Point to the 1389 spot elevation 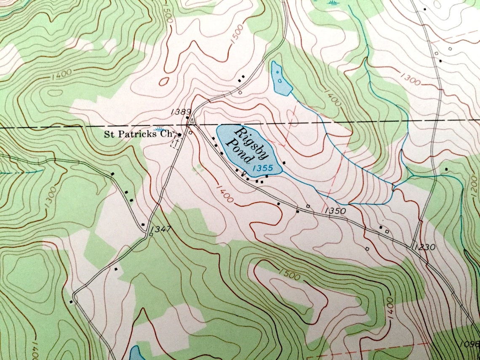pyautogui.click(x=181, y=112)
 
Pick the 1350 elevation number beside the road pyautogui.click(x=335, y=211)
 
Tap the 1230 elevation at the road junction pyautogui.click(x=424, y=247)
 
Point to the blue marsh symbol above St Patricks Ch pyautogui.click(x=159, y=129)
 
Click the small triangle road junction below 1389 pyautogui.click(x=191, y=122)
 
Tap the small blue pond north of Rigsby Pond pyautogui.click(x=281, y=79)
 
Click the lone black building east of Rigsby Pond pyautogui.click(x=284, y=162)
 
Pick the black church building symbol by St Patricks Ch pyautogui.click(x=180, y=135)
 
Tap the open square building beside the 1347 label pyautogui.click(x=151, y=234)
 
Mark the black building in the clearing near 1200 pyautogui.click(x=446, y=169)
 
